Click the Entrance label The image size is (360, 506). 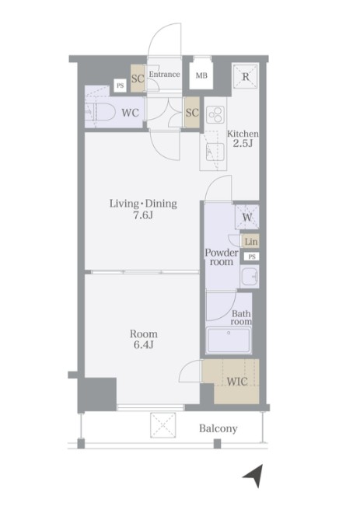(x=164, y=74)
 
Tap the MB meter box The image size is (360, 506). (x=201, y=75)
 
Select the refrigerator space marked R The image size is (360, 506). (x=246, y=76)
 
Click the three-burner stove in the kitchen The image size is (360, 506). (x=215, y=114)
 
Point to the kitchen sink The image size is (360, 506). (x=215, y=152)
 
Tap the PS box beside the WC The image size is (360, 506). (x=120, y=85)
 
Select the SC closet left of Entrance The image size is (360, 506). (x=138, y=79)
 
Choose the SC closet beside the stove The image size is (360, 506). (x=192, y=112)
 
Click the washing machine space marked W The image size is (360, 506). (x=247, y=217)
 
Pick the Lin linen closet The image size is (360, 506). (x=251, y=242)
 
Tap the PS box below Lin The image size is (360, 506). (x=252, y=256)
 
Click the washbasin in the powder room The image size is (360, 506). (x=250, y=277)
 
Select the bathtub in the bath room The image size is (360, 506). (x=229, y=340)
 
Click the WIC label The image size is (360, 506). (x=237, y=382)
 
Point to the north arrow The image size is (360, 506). (x=254, y=476)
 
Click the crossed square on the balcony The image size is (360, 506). (x=163, y=425)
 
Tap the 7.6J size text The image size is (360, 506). (x=143, y=215)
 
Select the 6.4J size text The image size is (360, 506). (x=143, y=345)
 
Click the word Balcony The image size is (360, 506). (x=218, y=428)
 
